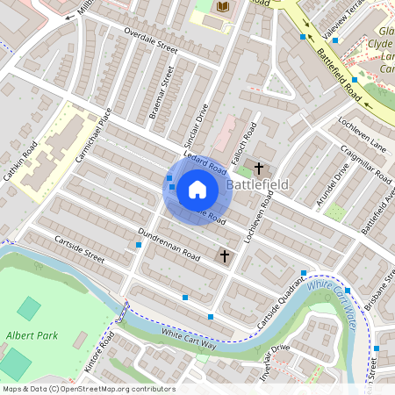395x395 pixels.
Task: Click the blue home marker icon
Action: coord(197,188)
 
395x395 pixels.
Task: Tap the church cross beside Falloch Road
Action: coord(259,167)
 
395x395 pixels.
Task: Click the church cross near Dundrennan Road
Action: coord(226,255)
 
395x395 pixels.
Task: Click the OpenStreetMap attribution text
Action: coord(88,389)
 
